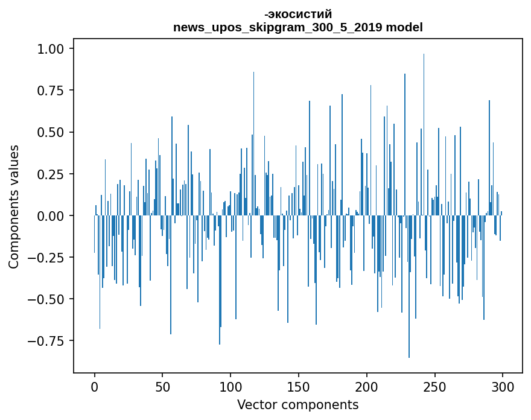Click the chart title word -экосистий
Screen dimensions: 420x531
297,14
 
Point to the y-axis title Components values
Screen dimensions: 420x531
13,206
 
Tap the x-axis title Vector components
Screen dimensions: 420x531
297,405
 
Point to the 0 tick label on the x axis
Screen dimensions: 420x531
95,387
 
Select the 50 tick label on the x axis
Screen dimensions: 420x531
162,387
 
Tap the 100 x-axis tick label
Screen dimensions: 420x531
231,387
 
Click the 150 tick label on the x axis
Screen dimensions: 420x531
299,387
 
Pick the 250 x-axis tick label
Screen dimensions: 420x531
434,387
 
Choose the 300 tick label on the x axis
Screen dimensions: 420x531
502,387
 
